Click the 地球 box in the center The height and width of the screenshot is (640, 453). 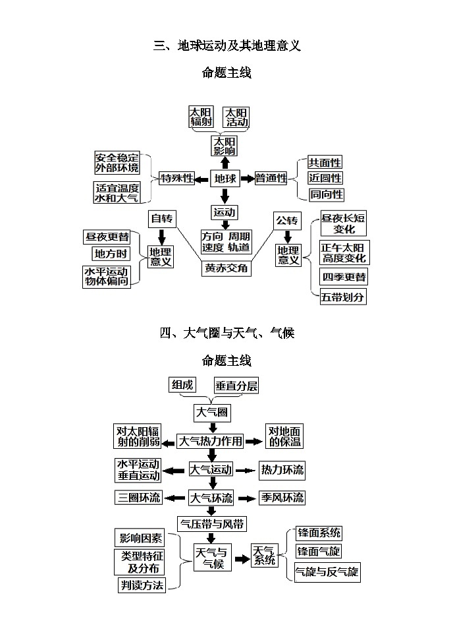click(225, 178)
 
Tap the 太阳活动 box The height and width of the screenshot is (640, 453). click(237, 117)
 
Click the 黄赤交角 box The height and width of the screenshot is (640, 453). click(226, 268)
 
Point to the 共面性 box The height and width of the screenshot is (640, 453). click(325, 162)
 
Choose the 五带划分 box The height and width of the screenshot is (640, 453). click(343, 297)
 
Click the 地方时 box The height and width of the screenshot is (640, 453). click(110, 254)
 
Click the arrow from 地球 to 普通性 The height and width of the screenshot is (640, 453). click(247, 178)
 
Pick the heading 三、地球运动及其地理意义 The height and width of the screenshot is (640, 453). click(226, 45)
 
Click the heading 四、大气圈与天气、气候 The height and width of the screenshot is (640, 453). click(226, 333)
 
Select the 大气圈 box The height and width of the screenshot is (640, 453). click(211, 413)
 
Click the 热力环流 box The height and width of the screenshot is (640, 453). click(282, 470)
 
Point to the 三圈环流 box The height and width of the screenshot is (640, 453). click(139, 498)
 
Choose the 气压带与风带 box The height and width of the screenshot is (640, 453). click(213, 524)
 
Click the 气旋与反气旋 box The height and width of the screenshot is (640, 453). click(327, 571)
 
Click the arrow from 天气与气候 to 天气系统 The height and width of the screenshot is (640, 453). click(242, 559)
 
